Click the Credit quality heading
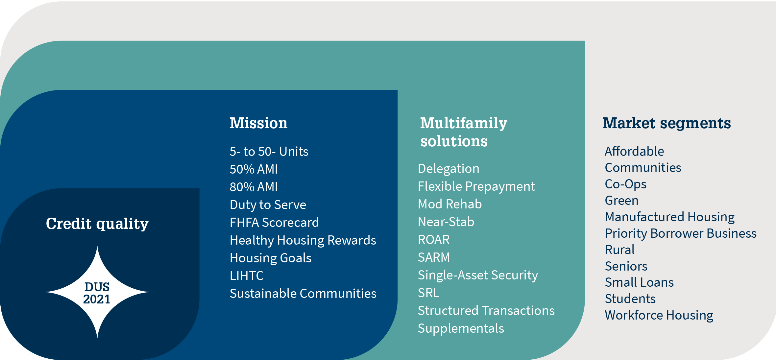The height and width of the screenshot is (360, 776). pyautogui.click(x=97, y=224)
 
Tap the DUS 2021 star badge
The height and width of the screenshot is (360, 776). pyautogui.click(x=97, y=292)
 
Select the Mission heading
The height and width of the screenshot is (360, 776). pyautogui.click(x=258, y=123)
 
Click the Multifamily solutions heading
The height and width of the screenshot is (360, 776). pyautogui.click(x=464, y=132)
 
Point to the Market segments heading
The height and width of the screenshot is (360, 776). pyautogui.click(x=667, y=124)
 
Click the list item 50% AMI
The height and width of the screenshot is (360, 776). pyautogui.click(x=254, y=169)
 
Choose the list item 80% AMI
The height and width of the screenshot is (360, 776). pyautogui.click(x=254, y=187)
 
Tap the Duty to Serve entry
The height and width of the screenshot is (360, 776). pyautogui.click(x=268, y=205)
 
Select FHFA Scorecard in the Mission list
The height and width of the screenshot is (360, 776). pyautogui.click(x=274, y=223)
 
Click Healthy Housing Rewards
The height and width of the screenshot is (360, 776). pyautogui.click(x=303, y=240)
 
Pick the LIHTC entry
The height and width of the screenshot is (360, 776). pyautogui.click(x=247, y=276)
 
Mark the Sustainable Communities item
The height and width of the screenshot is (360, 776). pyautogui.click(x=303, y=294)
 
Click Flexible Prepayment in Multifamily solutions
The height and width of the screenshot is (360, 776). pyautogui.click(x=476, y=186)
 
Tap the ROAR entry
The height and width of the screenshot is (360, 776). pyautogui.click(x=434, y=240)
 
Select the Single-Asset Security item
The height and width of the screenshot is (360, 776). pyautogui.click(x=478, y=275)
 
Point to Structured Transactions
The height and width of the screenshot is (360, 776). pyautogui.click(x=486, y=311)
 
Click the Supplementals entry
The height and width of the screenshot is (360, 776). pyautogui.click(x=461, y=328)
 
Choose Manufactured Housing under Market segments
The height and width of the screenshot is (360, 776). pyautogui.click(x=670, y=217)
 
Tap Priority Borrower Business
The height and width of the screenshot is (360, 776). pyautogui.click(x=681, y=233)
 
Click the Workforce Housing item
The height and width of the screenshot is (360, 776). pyautogui.click(x=659, y=315)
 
